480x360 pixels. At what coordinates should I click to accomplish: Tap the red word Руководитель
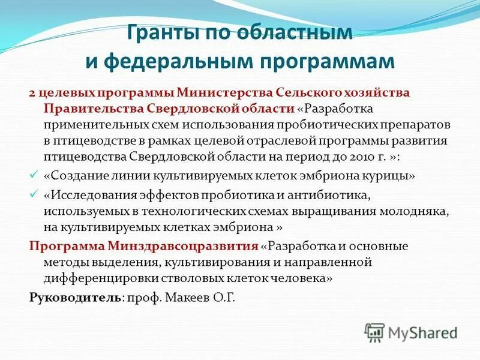tap(75, 296)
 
